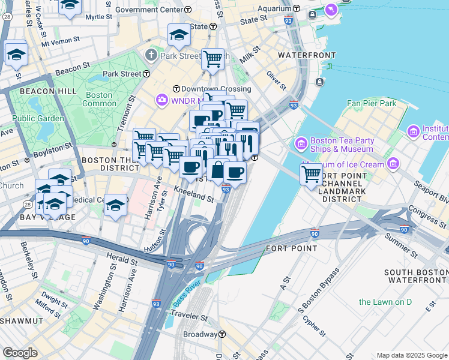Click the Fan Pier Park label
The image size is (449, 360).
[372, 103]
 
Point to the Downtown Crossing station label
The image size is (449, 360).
[207, 89]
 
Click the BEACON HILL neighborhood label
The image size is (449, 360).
[48, 91]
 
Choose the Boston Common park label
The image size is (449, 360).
[99, 99]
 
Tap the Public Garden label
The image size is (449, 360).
[38, 118]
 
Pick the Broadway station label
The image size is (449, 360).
[200, 334]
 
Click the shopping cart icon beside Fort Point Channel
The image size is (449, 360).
[312, 174]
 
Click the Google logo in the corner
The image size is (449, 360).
[20, 352]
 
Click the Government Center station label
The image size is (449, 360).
[153, 10]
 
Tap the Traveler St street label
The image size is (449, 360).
[190, 315]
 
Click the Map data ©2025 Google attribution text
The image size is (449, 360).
[411, 355]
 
